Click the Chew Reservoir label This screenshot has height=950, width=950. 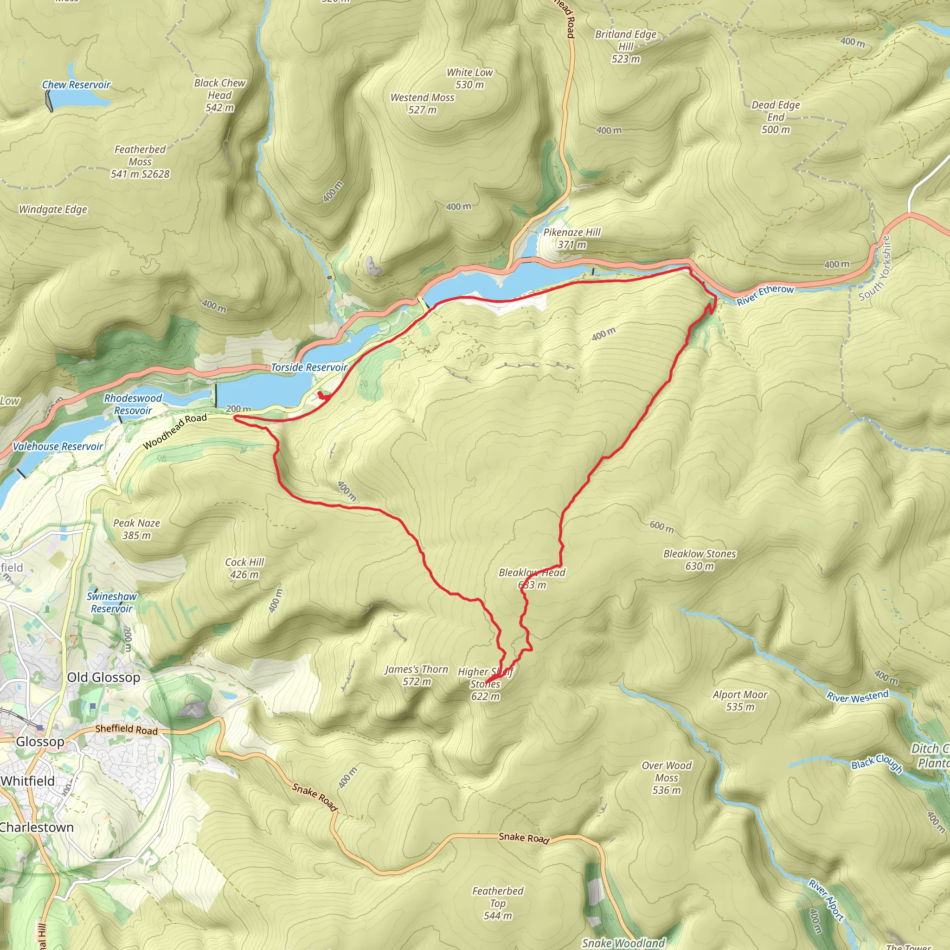tap(76, 84)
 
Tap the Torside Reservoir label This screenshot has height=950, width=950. tap(309, 367)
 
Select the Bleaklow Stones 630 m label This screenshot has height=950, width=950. tap(699, 559)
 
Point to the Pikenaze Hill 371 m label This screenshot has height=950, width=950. tap(572, 238)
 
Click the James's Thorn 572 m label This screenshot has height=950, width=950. tap(417, 675)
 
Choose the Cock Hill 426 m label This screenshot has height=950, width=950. tap(244, 568)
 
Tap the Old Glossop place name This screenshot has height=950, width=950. tap(103, 677)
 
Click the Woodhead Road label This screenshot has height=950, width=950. tap(175, 432)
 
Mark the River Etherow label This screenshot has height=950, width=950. tap(765, 295)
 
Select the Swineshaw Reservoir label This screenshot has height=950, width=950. tap(112, 603)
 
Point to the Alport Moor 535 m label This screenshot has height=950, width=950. tap(740, 700)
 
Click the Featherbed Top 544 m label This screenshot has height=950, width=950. tap(498, 903)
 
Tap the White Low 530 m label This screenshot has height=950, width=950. tap(469, 78)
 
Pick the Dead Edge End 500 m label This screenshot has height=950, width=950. tap(776, 117)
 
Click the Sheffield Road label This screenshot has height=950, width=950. tap(126, 729)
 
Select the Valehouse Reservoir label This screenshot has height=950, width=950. tap(58, 447)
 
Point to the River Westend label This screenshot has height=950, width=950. tap(858, 696)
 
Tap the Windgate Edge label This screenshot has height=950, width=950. tap(53, 210)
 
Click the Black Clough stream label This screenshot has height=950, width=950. tap(877, 763)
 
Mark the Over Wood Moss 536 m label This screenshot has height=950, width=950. tap(666, 777)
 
